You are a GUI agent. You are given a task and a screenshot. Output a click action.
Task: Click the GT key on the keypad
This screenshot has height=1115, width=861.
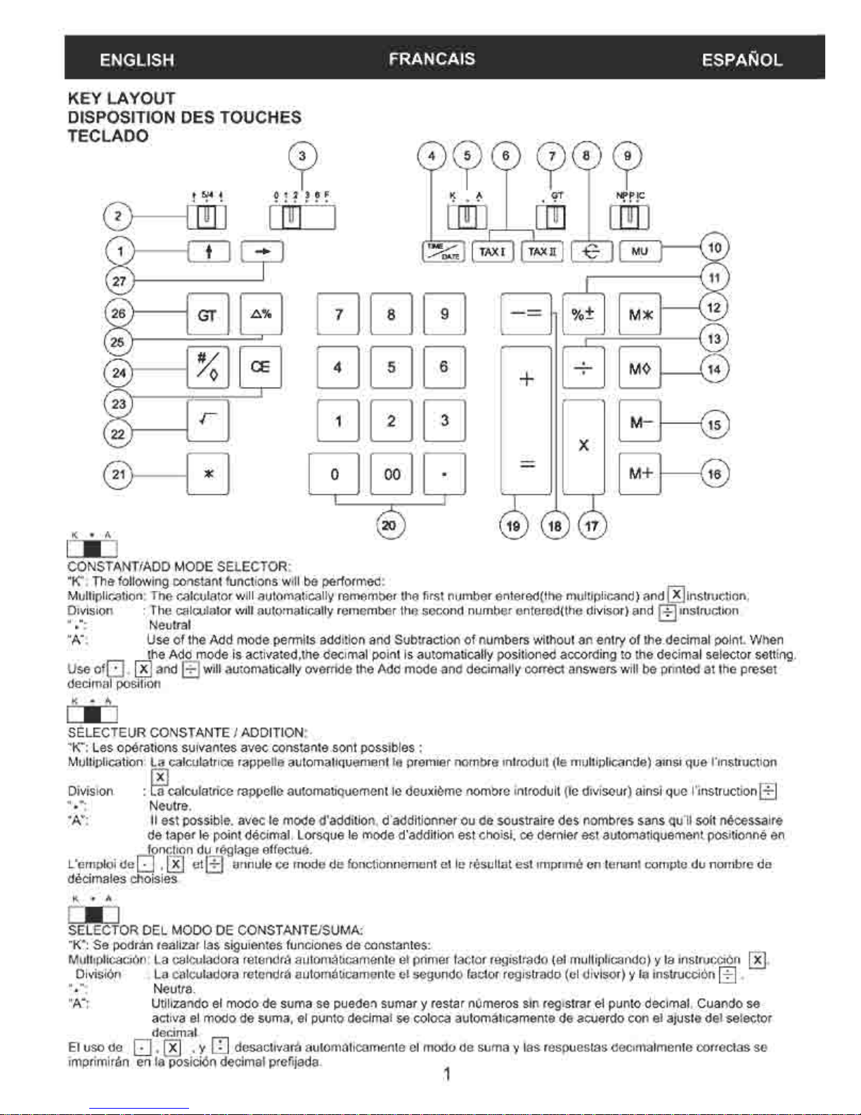[207, 314]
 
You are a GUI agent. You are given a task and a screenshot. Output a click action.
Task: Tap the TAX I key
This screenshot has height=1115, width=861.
[493, 251]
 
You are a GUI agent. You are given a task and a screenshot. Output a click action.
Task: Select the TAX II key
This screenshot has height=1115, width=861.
[542, 251]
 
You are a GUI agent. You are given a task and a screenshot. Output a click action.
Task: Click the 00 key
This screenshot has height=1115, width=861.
[391, 474]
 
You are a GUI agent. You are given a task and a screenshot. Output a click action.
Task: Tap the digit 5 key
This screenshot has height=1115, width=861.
[391, 367]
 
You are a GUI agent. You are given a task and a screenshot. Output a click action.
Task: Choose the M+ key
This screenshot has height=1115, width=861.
[640, 473]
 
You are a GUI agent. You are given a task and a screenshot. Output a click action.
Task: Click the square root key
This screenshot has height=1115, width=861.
[207, 421]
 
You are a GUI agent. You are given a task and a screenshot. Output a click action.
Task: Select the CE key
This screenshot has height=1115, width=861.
[260, 367]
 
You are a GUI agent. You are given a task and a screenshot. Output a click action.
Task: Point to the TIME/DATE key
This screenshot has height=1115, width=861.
[443, 251]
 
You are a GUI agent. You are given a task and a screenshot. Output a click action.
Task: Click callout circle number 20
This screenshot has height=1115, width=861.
[389, 525]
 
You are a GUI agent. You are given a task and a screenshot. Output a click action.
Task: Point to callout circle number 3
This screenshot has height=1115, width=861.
[302, 155]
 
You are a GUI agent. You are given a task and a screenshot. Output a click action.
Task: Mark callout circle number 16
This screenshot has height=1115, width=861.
[714, 473]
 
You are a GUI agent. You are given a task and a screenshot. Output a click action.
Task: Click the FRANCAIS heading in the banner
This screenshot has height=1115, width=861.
[432, 59]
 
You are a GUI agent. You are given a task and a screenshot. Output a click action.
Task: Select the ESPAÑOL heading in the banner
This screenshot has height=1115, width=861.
[742, 60]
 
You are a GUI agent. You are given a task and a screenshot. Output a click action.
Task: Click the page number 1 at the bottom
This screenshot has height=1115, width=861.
[446, 1074]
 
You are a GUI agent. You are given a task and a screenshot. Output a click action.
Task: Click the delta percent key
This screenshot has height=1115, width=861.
[261, 314]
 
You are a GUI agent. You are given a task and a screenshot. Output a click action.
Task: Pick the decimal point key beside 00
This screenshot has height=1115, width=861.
[444, 474]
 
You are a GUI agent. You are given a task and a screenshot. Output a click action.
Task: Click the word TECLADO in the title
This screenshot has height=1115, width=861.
[108, 136]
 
